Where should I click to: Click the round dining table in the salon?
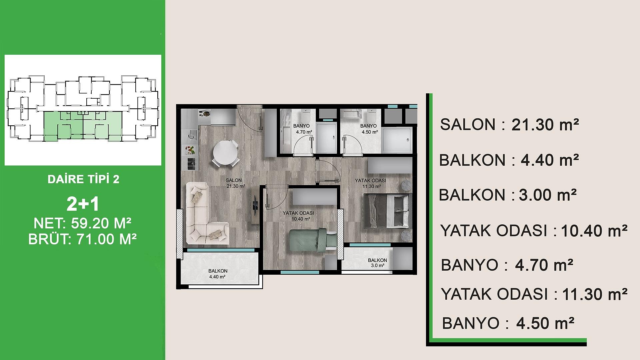[226, 154]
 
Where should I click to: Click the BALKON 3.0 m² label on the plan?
[377, 263]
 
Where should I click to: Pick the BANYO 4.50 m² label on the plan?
[369, 129]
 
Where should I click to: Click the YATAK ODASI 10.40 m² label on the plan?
[298, 216]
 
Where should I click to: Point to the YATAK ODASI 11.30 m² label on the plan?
[370, 183]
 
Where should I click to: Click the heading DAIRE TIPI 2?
[83, 179]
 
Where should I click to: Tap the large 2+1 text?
[83, 204]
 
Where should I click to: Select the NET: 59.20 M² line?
[82, 223]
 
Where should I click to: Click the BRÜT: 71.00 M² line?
[83, 239]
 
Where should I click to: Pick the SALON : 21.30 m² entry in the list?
[510, 125]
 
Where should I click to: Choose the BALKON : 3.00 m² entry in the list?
[508, 195]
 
